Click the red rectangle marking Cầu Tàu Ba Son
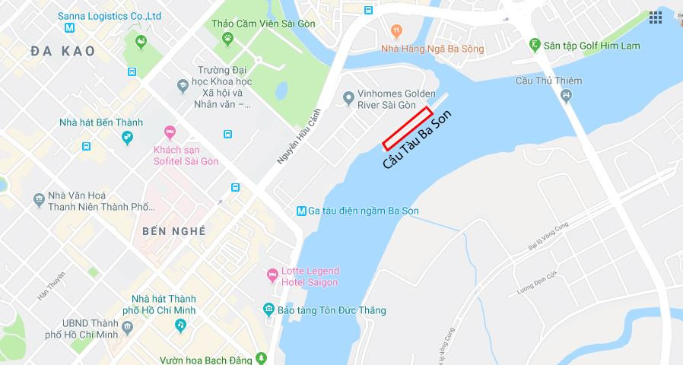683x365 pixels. pyautogui.click(x=407, y=128)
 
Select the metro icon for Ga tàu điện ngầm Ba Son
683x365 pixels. pyautogui.click(x=301, y=211)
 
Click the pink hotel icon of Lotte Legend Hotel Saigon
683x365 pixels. pyautogui.click(x=272, y=275)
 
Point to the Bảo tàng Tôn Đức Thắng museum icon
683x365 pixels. pyautogui.click(x=268, y=309)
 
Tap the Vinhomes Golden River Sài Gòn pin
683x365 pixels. pyautogui.click(x=348, y=97)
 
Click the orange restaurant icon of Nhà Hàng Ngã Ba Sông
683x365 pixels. pyautogui.click(x=396, y=31)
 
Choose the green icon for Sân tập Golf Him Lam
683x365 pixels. pyautogui.click(x=535, y=46)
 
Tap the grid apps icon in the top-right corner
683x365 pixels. pyautogui.click(x=655, y=17)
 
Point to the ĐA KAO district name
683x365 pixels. pyautogui.click(x=63, y=51)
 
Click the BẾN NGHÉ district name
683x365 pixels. pyautogui.click(x=173, y=230)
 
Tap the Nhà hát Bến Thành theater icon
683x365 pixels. pyautogui.click(x=127, y=137)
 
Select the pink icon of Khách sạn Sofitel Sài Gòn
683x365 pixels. pyautogui.click(x=169, y=131)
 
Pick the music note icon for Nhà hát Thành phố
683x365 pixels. pyautogui.click(x=180, y=325)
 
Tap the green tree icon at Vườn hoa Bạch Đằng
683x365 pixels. pyautogui.click(x=262, y=357)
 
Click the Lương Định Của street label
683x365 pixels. pyautogui.click(x=537, y=283)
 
